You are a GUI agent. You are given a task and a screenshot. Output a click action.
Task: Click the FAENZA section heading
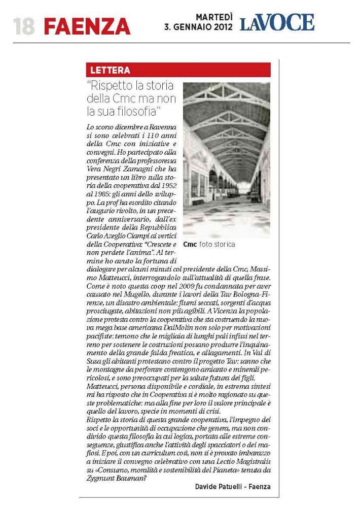(87, 26)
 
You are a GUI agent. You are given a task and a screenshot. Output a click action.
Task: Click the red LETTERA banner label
(110, 70)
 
